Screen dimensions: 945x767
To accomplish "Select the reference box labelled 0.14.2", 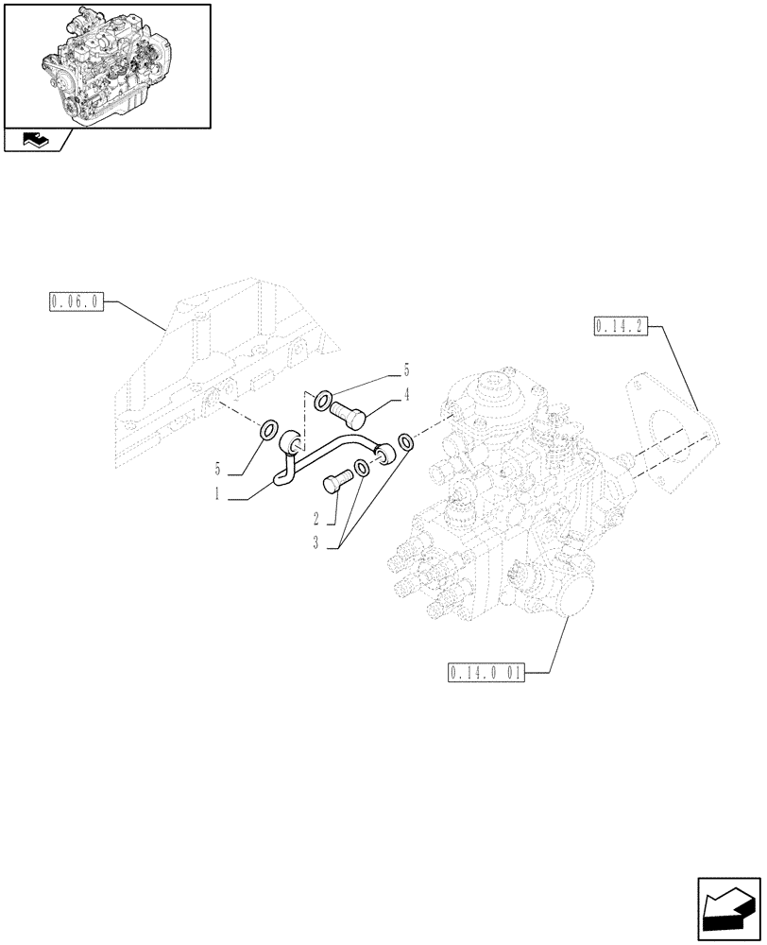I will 620,327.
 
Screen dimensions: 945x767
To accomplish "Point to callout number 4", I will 406,396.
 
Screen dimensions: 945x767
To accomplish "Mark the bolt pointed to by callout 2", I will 335,482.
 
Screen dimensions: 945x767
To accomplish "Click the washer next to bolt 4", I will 322,401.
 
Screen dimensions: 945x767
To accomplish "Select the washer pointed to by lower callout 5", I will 268,433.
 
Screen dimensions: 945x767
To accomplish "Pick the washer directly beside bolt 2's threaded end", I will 361,468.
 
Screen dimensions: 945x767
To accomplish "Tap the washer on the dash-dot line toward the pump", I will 405,442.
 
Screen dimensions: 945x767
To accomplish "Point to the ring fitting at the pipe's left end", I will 293,439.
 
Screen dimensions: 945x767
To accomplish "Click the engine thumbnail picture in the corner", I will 107,63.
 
